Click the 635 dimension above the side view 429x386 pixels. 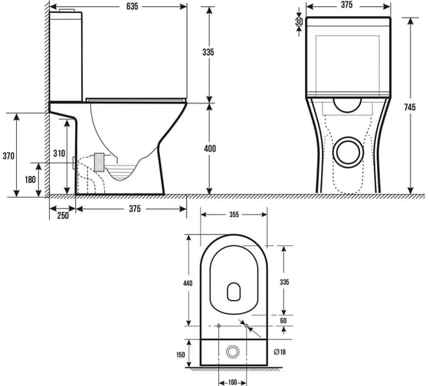point(132,7)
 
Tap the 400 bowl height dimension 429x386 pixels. point(210,149)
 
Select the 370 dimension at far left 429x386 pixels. point(8,156)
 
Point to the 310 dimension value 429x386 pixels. point(59,153)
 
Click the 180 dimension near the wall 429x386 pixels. point(31,180)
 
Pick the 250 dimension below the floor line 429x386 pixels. point(63,215)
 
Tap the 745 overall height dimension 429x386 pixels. point(410,107)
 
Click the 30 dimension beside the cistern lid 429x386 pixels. point(299,21)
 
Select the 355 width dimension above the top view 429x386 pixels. point(234,214)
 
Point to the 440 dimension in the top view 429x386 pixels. point(188,283)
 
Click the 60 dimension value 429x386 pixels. point(283,320)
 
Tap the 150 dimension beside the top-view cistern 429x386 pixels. point(181,355)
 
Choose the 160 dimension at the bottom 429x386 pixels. point(232,382)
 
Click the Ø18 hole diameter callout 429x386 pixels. point(280,352)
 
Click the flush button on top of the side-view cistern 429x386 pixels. point(67,11)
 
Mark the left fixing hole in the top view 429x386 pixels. point(218,325)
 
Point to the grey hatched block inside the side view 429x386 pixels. point(99,162)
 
